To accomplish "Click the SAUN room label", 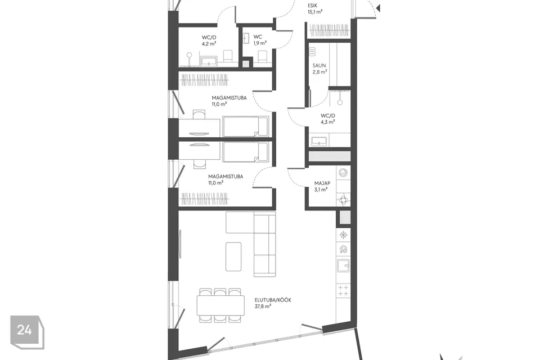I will tap(319, 69).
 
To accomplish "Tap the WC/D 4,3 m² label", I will tap(327, 118).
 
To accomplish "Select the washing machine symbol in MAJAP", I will tap(344, 173).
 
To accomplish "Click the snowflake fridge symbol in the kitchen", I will tap(344, 234).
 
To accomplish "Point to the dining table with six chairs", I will tap(220, 306).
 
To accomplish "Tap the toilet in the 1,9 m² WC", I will tap(262, 56).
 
